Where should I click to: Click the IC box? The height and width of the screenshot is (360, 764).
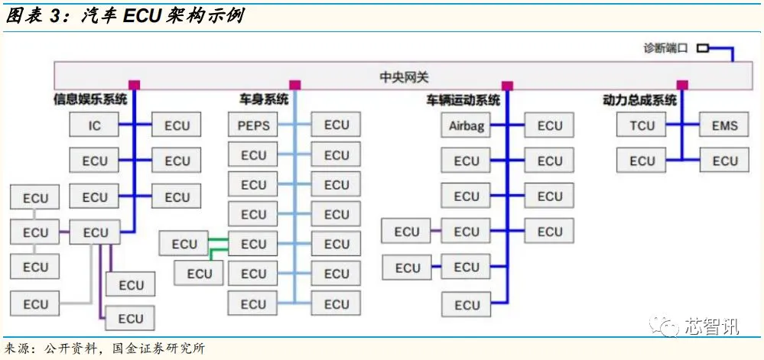95,125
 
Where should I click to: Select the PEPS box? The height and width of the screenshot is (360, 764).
254,125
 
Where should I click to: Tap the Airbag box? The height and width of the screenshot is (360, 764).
466,126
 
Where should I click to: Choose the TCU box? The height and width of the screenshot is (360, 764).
642,125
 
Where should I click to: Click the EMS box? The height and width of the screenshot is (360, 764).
724,125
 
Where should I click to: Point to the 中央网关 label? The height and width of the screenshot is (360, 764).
405,77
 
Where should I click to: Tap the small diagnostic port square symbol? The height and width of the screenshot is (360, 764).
702,47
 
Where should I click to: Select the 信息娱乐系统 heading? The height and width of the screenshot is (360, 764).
90,99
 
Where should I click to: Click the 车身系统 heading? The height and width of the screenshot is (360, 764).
264,99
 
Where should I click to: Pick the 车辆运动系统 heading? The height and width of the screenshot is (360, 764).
463,100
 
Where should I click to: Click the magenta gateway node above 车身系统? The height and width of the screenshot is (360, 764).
295,85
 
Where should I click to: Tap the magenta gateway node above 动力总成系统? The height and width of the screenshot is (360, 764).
682,85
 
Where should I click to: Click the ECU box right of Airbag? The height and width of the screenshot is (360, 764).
549,126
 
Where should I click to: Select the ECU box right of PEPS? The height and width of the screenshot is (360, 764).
336,125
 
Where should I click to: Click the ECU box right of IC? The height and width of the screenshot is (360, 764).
177,125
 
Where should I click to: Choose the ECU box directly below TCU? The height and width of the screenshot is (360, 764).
642,161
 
